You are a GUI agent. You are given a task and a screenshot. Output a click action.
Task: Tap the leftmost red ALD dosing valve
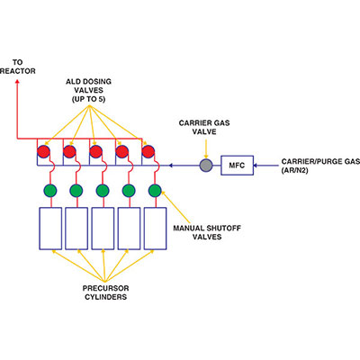click(43, 150)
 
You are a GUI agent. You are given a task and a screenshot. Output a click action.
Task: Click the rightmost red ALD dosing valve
click(148, 150)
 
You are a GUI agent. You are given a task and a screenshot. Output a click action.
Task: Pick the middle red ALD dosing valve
click(95, 150)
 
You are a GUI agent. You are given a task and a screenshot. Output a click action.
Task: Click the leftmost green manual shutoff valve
click(50, 191)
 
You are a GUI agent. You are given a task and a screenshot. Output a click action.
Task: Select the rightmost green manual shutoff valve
click(155, 191)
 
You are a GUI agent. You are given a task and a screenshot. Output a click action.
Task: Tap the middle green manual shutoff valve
click(103, 191)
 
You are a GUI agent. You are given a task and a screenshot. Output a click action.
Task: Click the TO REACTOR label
click(16, 67)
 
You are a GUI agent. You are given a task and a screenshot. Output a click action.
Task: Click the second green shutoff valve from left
click(76, 191)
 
